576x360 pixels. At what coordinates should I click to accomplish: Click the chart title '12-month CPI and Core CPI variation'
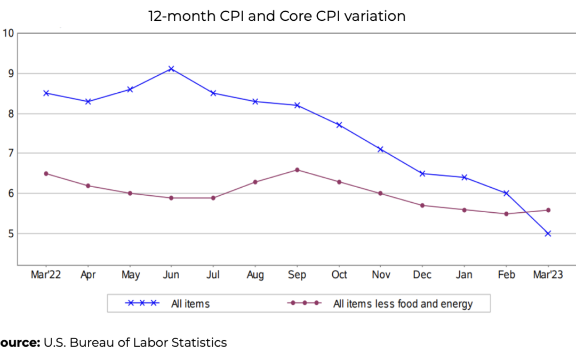tap(277, 17)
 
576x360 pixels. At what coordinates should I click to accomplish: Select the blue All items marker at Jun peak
tap(171, 69)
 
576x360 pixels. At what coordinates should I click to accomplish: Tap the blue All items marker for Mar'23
tap(548, 233)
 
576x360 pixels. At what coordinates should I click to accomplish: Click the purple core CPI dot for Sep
tap(297, 170)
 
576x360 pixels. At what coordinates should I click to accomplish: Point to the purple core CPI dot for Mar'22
tap(46, 173)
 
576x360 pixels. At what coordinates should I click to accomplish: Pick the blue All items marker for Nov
tap(380, 149)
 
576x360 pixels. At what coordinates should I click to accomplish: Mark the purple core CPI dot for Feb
tap(506, 214)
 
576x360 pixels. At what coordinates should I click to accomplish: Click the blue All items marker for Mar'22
tap(46, 93)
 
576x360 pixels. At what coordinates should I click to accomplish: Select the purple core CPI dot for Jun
tap(171, 198)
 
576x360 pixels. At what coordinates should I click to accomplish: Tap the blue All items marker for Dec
tap(422, 173)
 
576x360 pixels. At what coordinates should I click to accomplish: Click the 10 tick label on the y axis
tap(8, 33)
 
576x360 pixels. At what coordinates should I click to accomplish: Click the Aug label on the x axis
tap(255, 275)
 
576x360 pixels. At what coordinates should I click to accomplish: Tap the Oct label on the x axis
tap(339, 275)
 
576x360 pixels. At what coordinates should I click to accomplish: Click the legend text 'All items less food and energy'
tap(403, 304)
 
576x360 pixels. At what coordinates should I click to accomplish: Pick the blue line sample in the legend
tap(142, 303)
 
